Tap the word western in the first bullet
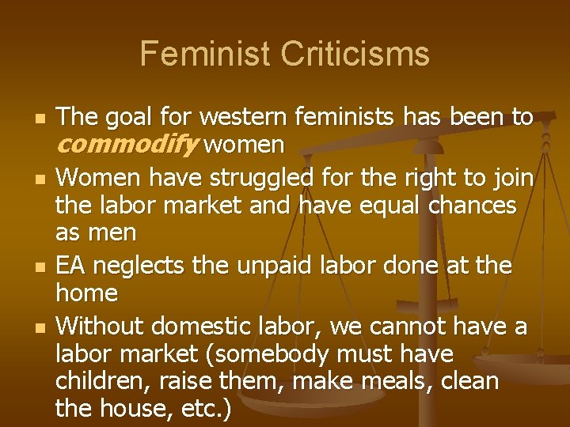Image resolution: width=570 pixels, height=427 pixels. (x=244, y=118)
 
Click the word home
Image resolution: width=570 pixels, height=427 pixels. (x=86, y=294)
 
